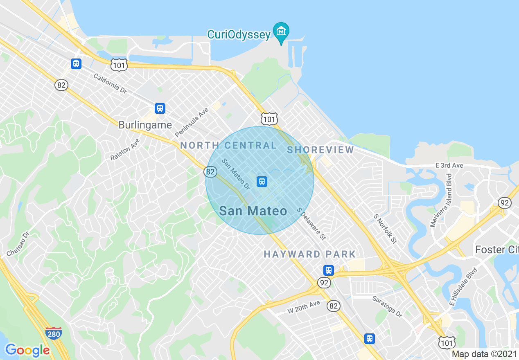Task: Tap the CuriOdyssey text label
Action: (239, 34)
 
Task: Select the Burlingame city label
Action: (145, 125)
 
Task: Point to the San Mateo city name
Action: (253, 211)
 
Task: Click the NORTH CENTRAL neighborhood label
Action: (228, 145)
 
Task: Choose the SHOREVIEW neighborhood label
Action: (320, 150)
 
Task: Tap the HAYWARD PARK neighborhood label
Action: (309, 254)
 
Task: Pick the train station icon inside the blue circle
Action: (262, 181)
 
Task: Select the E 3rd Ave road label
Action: (449, 165)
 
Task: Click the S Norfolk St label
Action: (385, 228)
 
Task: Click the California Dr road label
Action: (110, 83)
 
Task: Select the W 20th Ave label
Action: (303, 307)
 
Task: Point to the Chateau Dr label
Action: (18, 244)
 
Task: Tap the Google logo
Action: (27, 350)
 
